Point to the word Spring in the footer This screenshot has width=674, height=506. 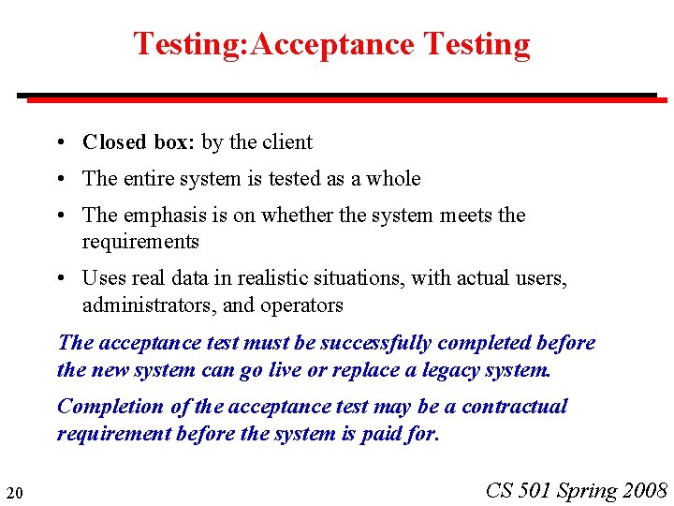coord(587,490)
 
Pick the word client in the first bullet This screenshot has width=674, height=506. coord(287,142)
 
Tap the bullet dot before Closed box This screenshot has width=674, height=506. coord(59,142)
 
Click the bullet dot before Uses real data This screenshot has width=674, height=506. coord(59,277)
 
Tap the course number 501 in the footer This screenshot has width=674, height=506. coord(533,490)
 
